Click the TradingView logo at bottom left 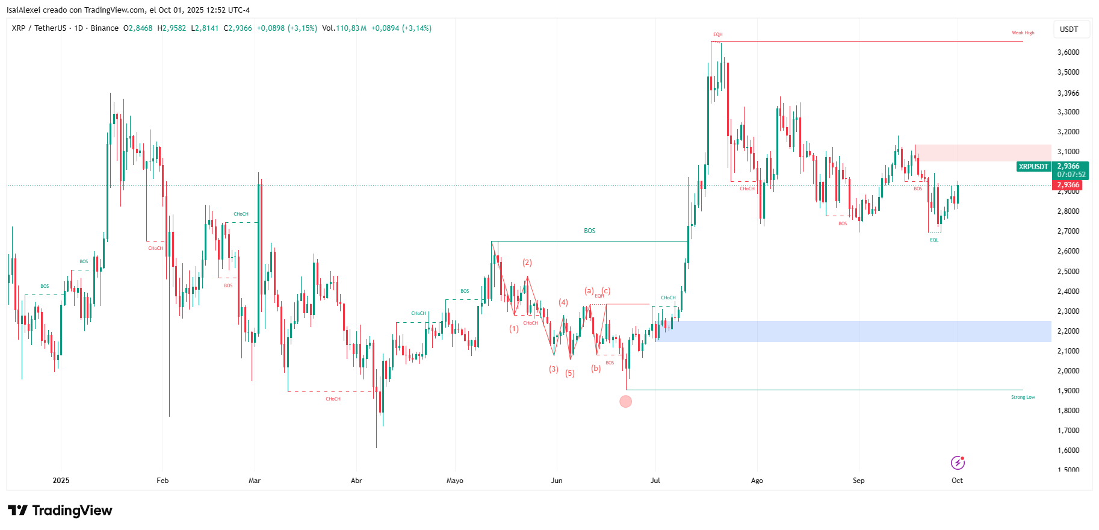[60, 511]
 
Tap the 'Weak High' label [1023, 33]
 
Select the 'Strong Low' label [1023, 397]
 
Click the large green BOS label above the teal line [589, 231]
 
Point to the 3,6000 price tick [1068, 52]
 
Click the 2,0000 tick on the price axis [1068, 371]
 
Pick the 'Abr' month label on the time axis [356, 481]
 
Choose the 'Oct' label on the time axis [957, 481]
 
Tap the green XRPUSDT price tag [1033, 167]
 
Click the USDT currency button [1069, 30]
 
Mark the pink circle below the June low [626, 401]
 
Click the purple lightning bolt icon [958, 463]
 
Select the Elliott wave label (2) [527, 263]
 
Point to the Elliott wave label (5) [570, 373]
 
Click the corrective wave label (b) [596, 369]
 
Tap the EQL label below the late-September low [934, 240]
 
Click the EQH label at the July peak [717, 35]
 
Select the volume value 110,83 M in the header [351, 28]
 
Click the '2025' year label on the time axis [61, 481]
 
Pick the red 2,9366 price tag [1068, 185]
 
